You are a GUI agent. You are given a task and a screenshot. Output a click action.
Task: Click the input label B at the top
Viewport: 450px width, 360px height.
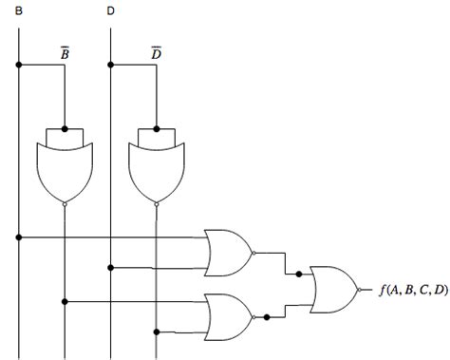click(19, 10)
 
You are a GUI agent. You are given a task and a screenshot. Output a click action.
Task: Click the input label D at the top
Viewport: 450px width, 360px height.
click(111, 10)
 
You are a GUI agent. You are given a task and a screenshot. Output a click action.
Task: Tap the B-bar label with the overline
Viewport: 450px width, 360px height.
click(64, 53)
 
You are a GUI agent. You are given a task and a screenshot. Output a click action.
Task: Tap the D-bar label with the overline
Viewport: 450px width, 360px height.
click(156, 53)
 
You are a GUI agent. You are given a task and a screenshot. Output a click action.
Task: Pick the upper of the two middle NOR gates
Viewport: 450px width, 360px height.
click(228, 251)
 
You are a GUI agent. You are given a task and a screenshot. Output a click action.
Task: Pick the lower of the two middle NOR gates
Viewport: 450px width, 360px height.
click(228, 316)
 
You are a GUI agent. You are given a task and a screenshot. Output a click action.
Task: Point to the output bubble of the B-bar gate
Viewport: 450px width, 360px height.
click(64, 202)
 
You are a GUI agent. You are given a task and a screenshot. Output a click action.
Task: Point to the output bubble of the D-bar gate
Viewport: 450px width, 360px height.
click(156, 202)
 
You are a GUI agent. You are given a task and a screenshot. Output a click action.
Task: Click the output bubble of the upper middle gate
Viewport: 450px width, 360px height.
click(253, 252)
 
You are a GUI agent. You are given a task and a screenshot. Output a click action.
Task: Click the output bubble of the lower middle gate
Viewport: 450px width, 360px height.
click(253, 316)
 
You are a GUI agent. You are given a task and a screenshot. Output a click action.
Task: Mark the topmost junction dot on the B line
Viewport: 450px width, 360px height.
click(19, 66)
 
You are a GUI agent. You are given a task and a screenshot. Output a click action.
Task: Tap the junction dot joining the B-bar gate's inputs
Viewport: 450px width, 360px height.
click(64, 128)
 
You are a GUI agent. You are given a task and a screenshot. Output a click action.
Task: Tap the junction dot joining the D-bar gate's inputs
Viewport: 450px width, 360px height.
click(156, 128)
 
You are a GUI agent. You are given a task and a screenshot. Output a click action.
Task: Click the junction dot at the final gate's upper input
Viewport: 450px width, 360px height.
click(298, 275)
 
